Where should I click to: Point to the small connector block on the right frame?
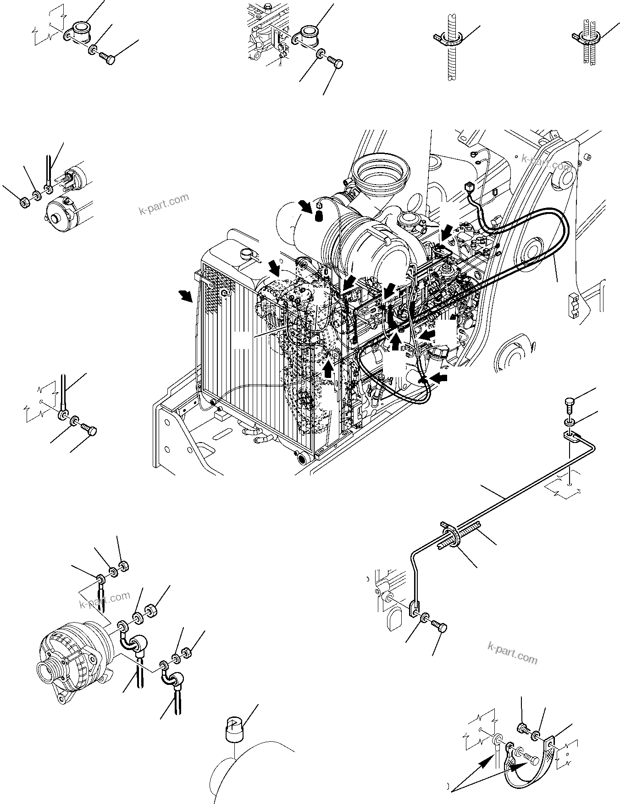point(572,304)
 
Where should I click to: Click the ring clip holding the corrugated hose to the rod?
point(453,536)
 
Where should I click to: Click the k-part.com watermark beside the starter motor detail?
point(163,204)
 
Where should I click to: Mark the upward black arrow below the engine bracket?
point(328,368)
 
